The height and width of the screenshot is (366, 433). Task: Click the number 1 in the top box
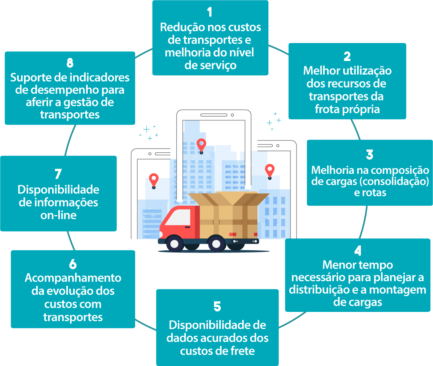[x=210, y=12]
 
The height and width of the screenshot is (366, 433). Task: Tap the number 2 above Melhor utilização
[x=347, y=56]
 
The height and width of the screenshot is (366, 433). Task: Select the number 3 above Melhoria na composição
[x=369, y=155]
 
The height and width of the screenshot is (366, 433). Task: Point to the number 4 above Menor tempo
[x=358, y=251]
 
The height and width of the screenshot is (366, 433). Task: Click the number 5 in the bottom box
[x=217, y=307]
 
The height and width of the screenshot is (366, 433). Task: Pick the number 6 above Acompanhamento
[x=73, y=264]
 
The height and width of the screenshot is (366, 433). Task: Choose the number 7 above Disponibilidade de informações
[x=58, y=174]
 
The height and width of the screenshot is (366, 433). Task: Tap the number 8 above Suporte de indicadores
[x=69, y=63]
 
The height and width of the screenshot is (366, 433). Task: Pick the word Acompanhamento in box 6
[x=73, y=278]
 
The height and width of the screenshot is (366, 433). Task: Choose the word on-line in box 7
[x=58, y=215]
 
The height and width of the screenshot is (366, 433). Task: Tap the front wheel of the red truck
[x=175, y=243]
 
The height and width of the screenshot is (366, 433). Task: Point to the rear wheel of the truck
[x=216, y=243]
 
